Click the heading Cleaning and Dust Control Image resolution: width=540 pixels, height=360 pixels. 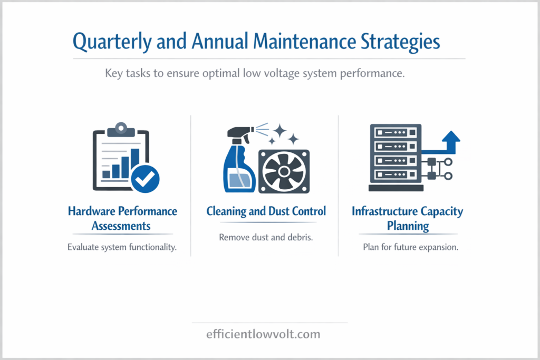tap(266, 212)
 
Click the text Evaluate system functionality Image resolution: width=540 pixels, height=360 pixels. tap(122, 248)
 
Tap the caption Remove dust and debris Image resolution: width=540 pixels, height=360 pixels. tap(266, 238)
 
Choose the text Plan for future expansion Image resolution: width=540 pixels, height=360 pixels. tap(410, 248)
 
